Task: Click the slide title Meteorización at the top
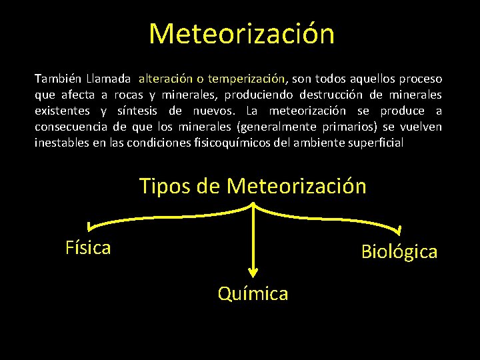point(241,34)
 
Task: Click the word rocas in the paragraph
point(129,94)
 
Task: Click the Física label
point(88,248)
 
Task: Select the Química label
point(253,293)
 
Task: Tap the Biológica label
point(399,251)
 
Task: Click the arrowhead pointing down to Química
point(253,271)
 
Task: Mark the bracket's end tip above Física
point(87,229)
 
